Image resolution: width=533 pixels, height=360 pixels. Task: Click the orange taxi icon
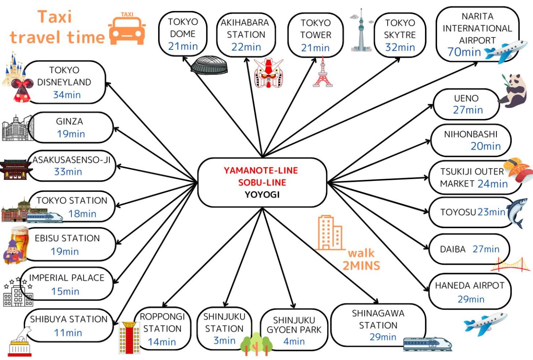coord(127,28)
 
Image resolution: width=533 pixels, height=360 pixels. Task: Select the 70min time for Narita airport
coord(464,52)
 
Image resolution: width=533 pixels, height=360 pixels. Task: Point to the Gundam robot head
coord(268,73)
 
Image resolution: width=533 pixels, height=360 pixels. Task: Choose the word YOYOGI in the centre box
coord(262,195)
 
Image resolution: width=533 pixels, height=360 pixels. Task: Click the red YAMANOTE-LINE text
coord(261,170)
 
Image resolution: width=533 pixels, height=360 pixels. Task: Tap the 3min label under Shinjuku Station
coord(224,341)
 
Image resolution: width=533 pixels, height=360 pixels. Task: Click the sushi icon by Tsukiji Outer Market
coord(519,170)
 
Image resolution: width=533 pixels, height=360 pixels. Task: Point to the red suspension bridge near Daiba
coord(510,265)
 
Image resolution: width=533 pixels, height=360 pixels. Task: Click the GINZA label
coord(70,122)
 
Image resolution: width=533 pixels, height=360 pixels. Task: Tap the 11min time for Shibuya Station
coord(68,333)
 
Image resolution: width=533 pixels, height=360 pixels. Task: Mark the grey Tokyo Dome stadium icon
coord(209,65)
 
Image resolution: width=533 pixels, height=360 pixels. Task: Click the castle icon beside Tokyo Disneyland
coord(14,69)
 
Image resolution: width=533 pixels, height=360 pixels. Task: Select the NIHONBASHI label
coord(471,134)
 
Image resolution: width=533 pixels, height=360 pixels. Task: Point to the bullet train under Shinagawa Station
coord(427,344)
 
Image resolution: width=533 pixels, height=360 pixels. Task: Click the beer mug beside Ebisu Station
coord(19,236)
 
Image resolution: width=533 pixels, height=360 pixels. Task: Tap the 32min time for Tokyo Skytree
coord(400,47)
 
